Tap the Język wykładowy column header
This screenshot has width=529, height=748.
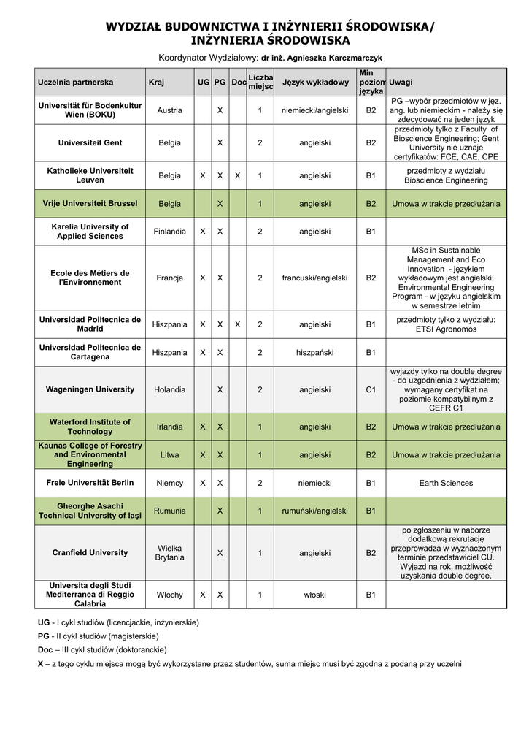(x=315, y=83)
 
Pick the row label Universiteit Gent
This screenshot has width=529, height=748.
(x=90, y=142)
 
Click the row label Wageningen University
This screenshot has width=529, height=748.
(x=90, y=389)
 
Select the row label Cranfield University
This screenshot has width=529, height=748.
(x=90, y=552)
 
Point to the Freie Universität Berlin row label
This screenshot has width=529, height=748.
(x=90, y=483)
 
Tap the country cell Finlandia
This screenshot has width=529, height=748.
(x=169, y=232)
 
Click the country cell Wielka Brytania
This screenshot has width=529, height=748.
(x=169, y=552)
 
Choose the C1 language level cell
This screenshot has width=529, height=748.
(x=371, y=390)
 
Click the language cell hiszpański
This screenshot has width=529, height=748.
(x=315, y=353)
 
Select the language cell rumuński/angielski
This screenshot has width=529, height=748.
(x=315, y=511)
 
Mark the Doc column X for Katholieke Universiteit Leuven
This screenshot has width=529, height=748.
(x=238, y=175)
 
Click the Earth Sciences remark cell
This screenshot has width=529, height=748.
(x=446, y=483)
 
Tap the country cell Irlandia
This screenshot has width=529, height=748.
(x=169, y=427)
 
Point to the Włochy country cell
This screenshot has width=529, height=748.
(x=169, y=595)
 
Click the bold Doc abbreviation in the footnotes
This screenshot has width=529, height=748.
(x=45, y=649)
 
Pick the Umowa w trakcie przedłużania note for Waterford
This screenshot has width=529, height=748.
(x=446, y=427)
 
